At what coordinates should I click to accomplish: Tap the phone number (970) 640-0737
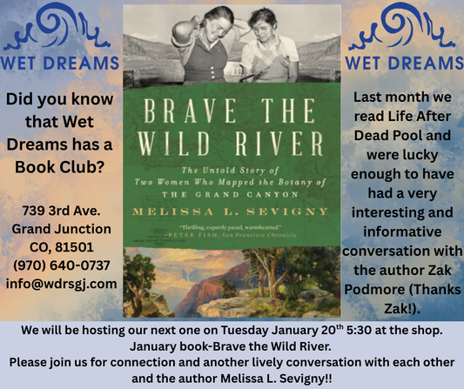tap(60, 265)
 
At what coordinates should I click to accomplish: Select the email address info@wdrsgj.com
tap(60, 283)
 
